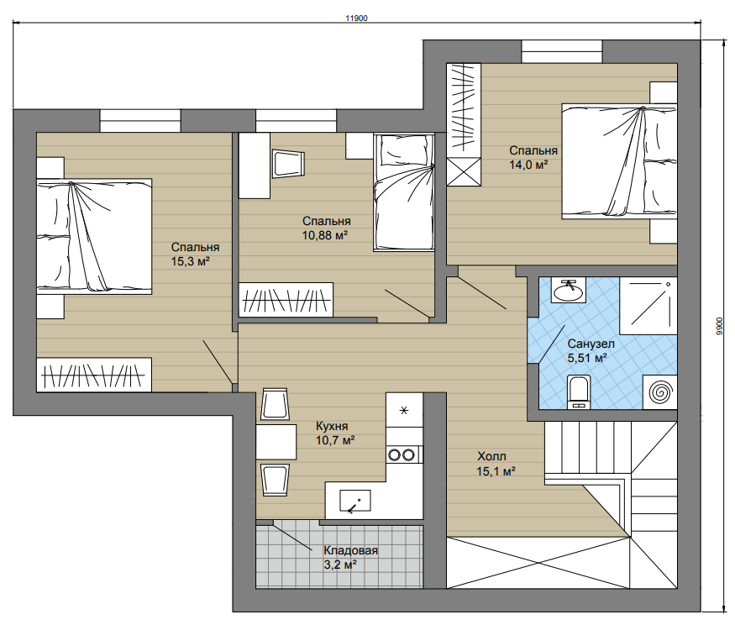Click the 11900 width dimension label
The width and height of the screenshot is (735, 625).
356,18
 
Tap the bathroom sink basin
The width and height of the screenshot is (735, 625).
568,291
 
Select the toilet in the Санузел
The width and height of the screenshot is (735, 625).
578,391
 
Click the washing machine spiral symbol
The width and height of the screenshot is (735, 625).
659,391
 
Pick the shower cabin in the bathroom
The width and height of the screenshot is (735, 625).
648,305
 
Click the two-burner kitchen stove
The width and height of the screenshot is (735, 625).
404,454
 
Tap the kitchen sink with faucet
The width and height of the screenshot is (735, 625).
354,501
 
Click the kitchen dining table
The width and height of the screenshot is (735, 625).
276,442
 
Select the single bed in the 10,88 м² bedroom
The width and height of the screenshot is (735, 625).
403,192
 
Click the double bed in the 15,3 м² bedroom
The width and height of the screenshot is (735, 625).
94,236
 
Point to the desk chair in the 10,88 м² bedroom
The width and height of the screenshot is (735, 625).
288,164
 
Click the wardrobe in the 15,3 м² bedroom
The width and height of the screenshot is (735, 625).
94,376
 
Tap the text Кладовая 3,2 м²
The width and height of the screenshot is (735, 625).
350,558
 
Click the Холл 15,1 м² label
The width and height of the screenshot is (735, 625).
496,463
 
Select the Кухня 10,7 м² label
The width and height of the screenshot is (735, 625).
334,433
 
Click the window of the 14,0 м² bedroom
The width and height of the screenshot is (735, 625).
562,51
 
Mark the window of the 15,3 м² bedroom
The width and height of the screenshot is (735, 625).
140,120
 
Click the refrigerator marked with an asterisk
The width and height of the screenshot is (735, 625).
404,410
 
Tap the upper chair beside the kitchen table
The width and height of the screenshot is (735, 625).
274,404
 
